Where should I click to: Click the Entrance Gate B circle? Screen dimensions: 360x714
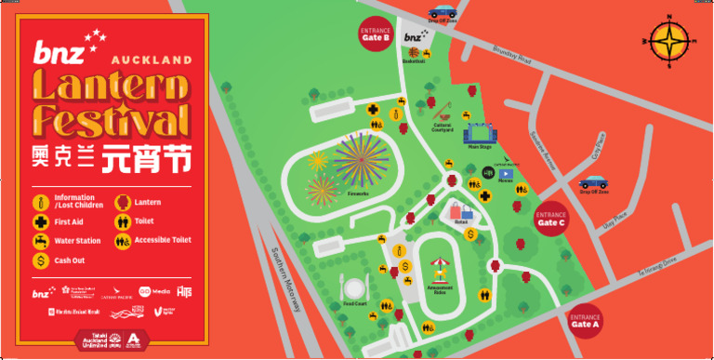tap(375, 35)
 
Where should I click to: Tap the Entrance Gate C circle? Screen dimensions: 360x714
tap(550, 220)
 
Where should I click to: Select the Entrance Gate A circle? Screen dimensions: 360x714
tap(586, 322)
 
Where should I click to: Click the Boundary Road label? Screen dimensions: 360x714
tap(511, 56)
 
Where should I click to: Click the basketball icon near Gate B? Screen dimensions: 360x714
tap(414, 52)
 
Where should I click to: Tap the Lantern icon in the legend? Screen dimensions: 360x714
tap(122, 202)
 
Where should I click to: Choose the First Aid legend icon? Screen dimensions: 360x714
tap(41, 222)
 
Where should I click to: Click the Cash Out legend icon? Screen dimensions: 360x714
tap(41, 260)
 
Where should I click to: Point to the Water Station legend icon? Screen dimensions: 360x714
tap(41, 241)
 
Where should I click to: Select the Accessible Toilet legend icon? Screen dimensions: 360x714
tap(122, 241)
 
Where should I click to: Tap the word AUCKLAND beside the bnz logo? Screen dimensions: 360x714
tap(152, 60)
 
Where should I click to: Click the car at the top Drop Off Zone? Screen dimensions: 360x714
tap(442, 12)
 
